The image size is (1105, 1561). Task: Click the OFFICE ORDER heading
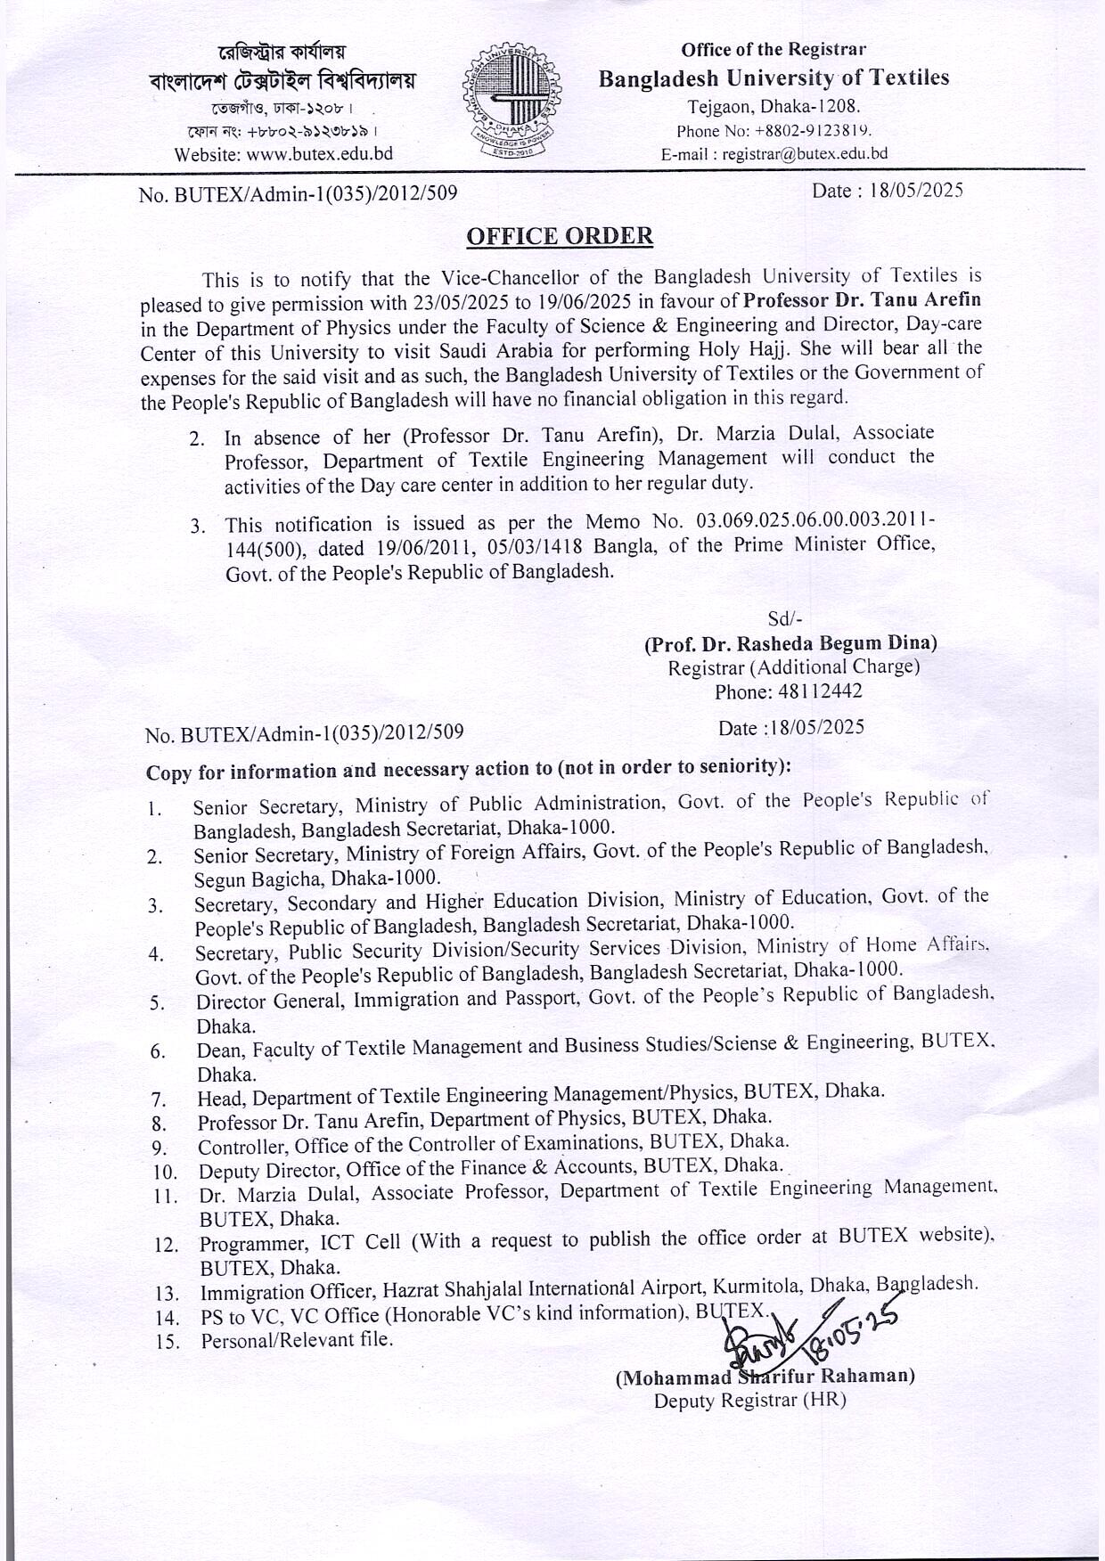coord(560,236)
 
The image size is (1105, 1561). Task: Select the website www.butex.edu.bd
coord(319,154)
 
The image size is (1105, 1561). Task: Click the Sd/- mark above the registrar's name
coord(784,618)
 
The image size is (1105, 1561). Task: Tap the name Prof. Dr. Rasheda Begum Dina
coord(790,642)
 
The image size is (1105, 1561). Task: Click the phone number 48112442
coord(819,691)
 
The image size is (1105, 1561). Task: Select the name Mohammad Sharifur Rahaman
coord(765,1377)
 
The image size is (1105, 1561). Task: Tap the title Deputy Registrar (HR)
coord(749,1400)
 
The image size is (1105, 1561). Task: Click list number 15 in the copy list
coord(167,1342)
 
